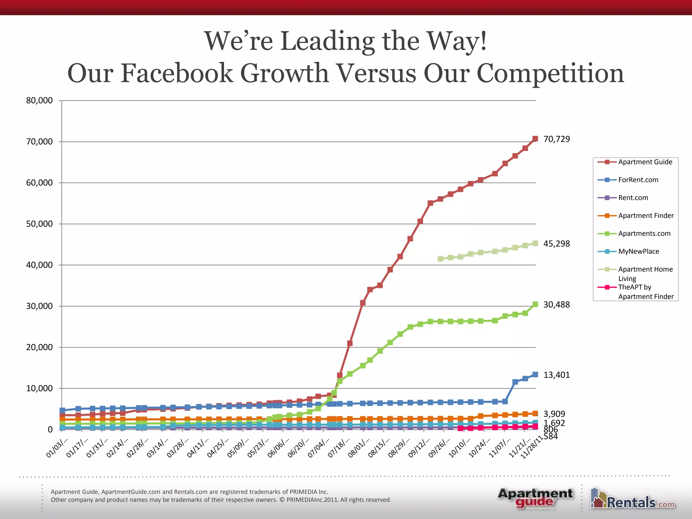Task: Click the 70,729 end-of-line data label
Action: click(x=557, y=139)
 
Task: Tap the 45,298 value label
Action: click(x=557, y=244)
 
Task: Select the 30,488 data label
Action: click(x=557, y=305)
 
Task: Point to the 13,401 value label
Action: click(x=557, y=375)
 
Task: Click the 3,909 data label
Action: click(x=554, y=414)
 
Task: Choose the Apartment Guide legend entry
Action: click(x=645, y=162)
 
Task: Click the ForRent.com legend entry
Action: click(x=638, y=180)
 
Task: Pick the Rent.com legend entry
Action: click(x=633, y=198)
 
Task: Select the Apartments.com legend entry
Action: click(x=644, y=233)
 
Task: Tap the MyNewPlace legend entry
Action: click(x=638, y=251)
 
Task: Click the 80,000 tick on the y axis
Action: click(x=40, y=100)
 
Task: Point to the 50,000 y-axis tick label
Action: click(x=40, y=224)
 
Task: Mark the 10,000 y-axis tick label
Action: click(x=40, y=389)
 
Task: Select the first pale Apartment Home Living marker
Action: click(x=440, y=258)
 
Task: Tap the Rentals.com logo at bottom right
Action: click(x=633, y=499)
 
